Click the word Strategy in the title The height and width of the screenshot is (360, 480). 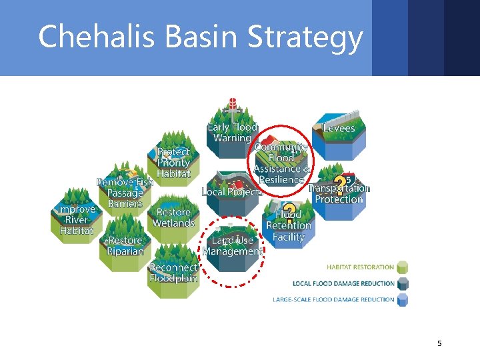pyautogui.click(x=305, y=39)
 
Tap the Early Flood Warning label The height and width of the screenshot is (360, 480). pyautogui.click(x=232, y=133)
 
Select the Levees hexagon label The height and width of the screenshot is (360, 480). pyautogui.click(x=339, y=128)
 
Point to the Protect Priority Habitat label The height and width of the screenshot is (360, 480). pyautogui.click(x=173, y=163)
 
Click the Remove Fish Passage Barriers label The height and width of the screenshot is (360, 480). pyautogui.click(x=125, y=193)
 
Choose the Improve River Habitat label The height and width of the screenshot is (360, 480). pyautogui.click(x=76, y=219)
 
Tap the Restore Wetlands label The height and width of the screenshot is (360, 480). pyautogui.click(x=173, y=217)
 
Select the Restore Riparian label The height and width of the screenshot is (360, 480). pyautogui.click(x=125, y=246)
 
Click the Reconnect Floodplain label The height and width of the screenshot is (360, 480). pyautogui.click(x=173, y=273)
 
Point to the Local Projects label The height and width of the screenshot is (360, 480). pyautogui.click(x=231, y=192)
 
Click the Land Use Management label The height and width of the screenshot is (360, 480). pyautogui.click(x=232, y=246)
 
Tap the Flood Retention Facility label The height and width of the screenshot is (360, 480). pyautogui.click(x=289, y=225)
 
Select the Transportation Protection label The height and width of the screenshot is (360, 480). pyautogui.click(x=339, y=193)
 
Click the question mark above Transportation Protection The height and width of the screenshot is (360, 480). pyautogui.click(x=340, y=182)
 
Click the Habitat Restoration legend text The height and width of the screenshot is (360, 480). pyautogui.click(x=360, y=267)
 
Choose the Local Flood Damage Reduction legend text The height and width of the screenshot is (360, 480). pyautogui.click(x=343, y=283)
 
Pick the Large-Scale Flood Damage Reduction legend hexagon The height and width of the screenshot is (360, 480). pyautogui.click(x=402, y=300)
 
